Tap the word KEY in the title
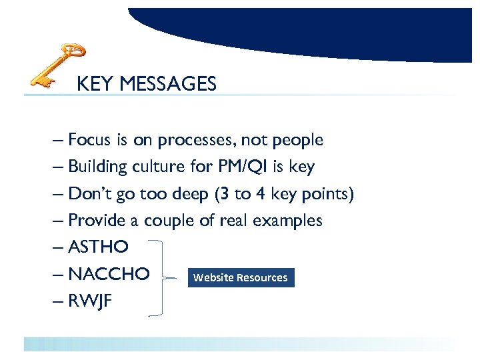pyautogui.click(x=91, y=84)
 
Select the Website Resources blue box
pyautogui.click(x=241, y=277)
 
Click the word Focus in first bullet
pyautogui.click(x=90, y=140)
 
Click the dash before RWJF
pyautogui.click(x=57, y=301)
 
